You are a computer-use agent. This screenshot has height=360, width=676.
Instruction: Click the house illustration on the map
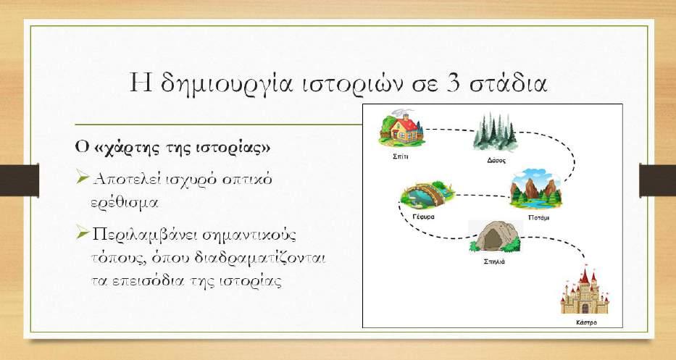coord(401,127)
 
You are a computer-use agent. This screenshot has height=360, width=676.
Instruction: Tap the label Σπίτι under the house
coord(401,156)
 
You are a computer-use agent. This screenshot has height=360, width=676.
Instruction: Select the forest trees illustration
coord(495,132)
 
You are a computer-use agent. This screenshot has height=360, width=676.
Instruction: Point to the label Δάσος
coord(496,160)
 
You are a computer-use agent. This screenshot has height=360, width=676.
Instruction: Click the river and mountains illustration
coord(536,188)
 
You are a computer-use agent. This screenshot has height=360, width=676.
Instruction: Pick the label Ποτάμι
coord(538,217)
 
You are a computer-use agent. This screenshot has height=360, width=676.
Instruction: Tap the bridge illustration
coord(427,194)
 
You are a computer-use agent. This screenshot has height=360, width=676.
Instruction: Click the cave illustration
coord(495,236)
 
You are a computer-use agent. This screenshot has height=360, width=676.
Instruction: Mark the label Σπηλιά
coord(494,261)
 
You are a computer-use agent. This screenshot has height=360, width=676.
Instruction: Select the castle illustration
coord(584,291)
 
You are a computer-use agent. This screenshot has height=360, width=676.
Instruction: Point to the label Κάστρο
coord(586,322)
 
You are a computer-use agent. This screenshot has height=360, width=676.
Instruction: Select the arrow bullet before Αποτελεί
coord(82,177)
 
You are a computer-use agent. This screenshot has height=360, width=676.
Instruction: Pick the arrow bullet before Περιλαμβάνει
coord(82,233)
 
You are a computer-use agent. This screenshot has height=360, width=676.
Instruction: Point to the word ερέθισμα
coord(124,202)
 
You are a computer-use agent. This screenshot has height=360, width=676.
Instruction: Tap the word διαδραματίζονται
coord(259,259)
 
